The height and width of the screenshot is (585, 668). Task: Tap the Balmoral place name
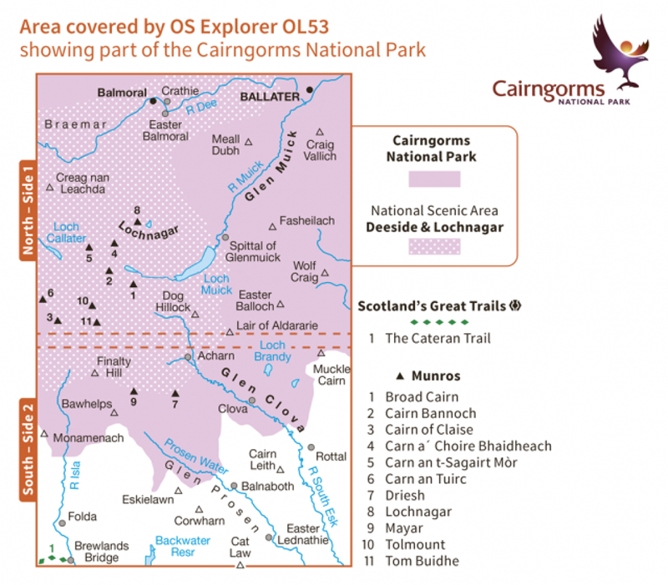point(122,93)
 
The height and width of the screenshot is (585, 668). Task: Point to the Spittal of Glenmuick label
point(253,252)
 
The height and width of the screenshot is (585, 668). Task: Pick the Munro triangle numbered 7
point(175,393)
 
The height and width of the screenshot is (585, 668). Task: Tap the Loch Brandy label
point(273,351)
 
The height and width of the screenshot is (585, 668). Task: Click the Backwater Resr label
point(183,547)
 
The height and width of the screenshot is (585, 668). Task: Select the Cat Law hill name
point(240,547)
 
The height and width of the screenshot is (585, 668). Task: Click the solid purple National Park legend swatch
point(433,179)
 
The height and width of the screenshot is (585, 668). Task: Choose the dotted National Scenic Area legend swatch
point(433,247)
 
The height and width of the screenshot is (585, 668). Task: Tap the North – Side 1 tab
point(27,210)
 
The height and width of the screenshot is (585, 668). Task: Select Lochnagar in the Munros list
point(417,512)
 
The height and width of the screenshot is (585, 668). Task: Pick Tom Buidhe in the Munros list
point(422,561)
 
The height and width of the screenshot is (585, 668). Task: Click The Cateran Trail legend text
point(438,339)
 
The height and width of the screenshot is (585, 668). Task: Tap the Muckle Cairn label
point(329,376)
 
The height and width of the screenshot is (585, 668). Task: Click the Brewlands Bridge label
point(102,552)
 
